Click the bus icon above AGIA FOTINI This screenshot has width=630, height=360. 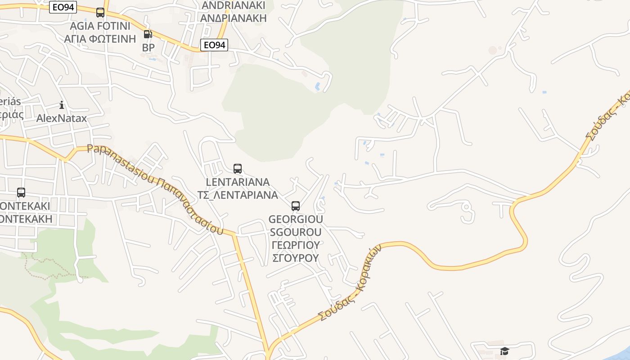pyautogui.click(x=100, y=13)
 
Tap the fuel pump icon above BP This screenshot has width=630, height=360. pyautogui.click(x=148, y=34)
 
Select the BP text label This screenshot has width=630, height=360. pyautogui.click(x=148, y=47)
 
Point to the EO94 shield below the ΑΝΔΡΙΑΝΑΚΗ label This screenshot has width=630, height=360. pyautogui.click(x=214, y=45)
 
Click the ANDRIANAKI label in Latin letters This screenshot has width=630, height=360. pyautogui.click(x=234, y=5)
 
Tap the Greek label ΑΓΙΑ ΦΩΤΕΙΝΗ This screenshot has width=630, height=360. pyautogui.click(x=100, y=38)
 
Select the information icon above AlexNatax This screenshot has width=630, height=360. pyautogui.click(x=62, y=105)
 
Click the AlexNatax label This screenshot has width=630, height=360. pyautogui.click(x=62, y=118)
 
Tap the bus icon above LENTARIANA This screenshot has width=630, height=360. pyautogui.click(x=238, y=169)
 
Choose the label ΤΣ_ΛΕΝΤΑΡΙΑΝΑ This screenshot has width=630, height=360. pyautogui.click(x=238, y=195)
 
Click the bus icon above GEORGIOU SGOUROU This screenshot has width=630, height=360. pyautogui.click(x=296, y=206)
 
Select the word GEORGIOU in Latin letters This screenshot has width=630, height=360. pyautogui.click(x=296, y=219)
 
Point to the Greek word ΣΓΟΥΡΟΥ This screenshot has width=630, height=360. pyautogui.click(x=296, y=258)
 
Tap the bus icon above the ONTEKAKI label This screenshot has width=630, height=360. pyautogui.click(x=21, y=193)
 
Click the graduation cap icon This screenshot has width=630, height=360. pyautogui.click(x=504, y=351)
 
